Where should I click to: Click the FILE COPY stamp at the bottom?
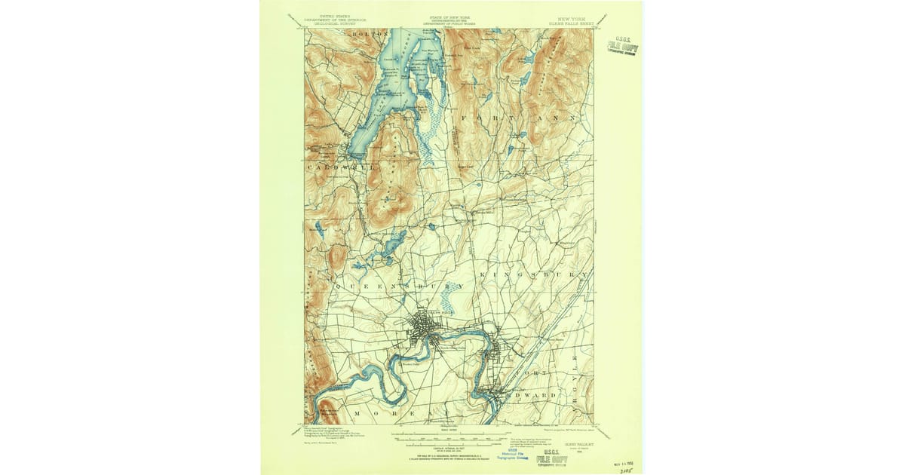point(552,458)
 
